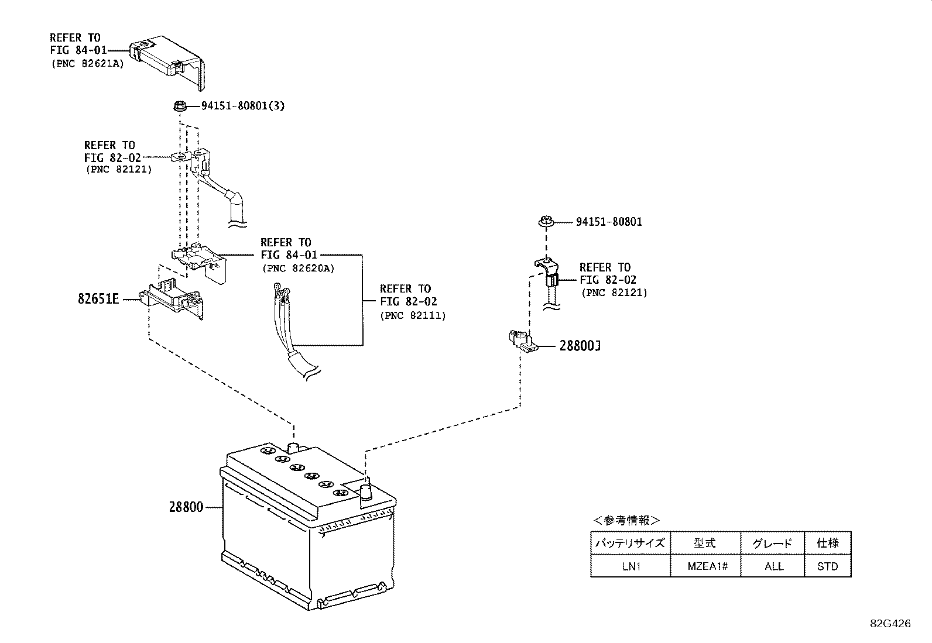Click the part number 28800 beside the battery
pos(186,507)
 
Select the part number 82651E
pos(98,298)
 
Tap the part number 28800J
pos(580,346)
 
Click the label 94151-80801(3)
pos(243,106)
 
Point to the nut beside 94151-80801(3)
pos(180,106)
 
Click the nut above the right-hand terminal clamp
pos(546,221)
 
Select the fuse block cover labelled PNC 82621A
pos(167,61)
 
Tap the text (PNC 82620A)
pos(299,269)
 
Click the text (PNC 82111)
pos(413,315)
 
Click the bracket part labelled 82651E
pos(173,297)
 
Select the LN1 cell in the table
pos(631,566)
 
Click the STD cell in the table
pos(827,566)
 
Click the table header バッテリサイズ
pos(630,543)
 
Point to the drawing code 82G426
pos(890,624)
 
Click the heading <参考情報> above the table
pos(626,520)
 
